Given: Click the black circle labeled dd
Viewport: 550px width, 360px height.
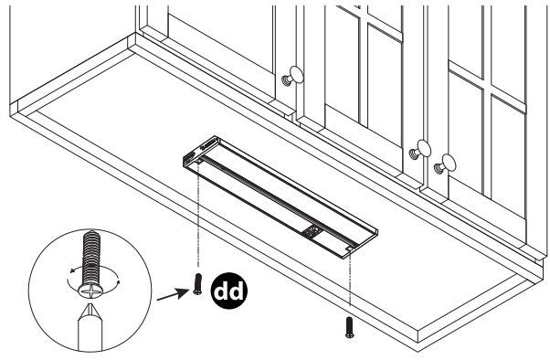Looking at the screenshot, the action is click(x=228, y=291).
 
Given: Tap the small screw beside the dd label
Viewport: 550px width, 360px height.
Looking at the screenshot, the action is click(x=197, y=284).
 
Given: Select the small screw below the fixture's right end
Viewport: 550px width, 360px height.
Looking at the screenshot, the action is click(x=350, y=327).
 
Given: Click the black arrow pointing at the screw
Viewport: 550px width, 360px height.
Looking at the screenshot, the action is click(x=173, y=294).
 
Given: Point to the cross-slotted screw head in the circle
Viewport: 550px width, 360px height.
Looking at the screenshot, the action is click(x=90, y=291).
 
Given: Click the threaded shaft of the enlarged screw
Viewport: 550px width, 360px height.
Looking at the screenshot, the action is click(x=91, y=257).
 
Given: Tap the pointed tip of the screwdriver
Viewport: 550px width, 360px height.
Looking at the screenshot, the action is click(x=90, y=305).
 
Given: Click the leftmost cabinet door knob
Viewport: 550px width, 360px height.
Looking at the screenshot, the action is click(x=293, y=76).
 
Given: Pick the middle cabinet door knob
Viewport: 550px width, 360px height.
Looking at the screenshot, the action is click(x=420, y=150).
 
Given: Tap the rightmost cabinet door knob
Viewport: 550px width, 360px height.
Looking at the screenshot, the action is click(x=445, y=164).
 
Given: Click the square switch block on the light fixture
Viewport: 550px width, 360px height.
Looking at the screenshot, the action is click(x=312, y=232).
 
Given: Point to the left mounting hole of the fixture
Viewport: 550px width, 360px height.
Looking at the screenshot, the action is click(x=198, y=162).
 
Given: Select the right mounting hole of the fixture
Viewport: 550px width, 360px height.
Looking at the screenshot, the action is click(x=350, y=249).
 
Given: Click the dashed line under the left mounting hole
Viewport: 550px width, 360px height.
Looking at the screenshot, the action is click(x=198, y=217).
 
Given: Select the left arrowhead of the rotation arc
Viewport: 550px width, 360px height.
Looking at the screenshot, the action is click(x=72, y=270).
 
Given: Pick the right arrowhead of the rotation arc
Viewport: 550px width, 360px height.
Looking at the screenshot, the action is click(x=118, y=281).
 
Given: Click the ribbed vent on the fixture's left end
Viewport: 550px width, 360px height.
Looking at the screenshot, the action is click(x=190, y=156).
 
